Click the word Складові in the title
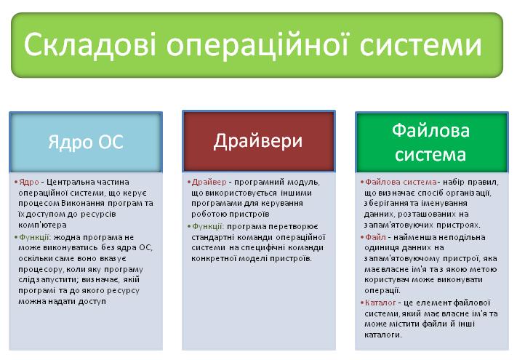point(89,45)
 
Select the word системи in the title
point(421,45)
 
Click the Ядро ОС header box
point(86,142)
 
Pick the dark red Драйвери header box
point(259,141)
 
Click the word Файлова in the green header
point(430,130)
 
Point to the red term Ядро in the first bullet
point(29,182)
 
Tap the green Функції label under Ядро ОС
point(35,237)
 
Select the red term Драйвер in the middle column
point(209,182)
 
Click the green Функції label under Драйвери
point(208,226)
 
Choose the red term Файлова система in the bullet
point(401,182)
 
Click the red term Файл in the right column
point(375,237)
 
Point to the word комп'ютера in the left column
point(42,225)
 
